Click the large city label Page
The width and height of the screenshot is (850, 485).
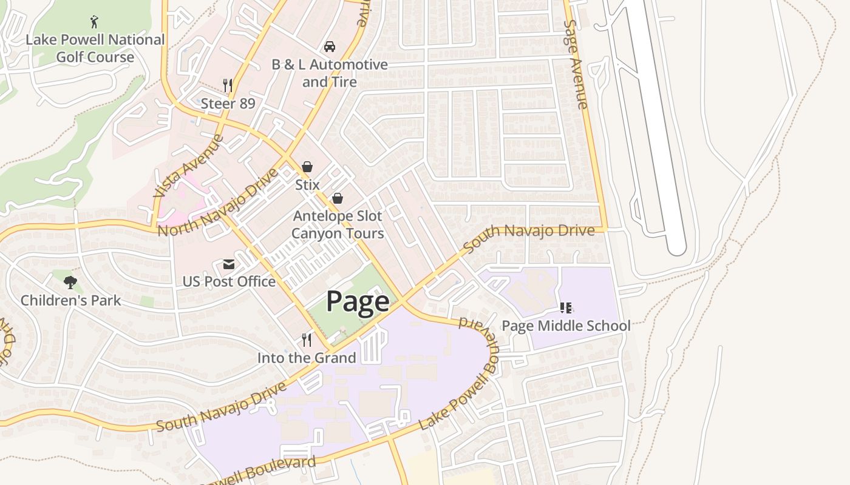pyautogui.click(x=358, y=301)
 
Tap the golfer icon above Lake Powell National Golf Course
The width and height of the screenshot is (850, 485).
pyautogui.click(x=94, y=22)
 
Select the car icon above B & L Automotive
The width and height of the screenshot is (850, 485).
pyautogui.click(x=329, y=47)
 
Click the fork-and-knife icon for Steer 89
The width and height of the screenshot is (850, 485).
pyautogui.click(x=228, y=85)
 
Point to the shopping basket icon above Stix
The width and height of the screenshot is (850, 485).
pyautogui.click(x=307, y=167)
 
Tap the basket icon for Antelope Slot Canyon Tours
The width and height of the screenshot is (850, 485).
pyautogui.click(x=337, y=198)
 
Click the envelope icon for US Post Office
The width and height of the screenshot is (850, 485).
pyautogui.click(x=229, y=264)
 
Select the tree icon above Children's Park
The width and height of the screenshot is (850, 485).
pyautogui.click(x=70, y=282)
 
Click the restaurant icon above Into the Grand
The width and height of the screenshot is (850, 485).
pyautogui.click(x=307, y=339)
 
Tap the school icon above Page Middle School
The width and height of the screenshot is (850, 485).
pyautogui.click(x=566, y=308)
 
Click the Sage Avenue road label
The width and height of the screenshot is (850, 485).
pyautogui.click(x=576, y=64)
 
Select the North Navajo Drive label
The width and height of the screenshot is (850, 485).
pyautogui.click(x=217, y=203)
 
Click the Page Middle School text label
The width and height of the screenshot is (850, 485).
pyautogui.click(x=566, y=326)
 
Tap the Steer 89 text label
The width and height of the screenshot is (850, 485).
pyautogui.click(x=228, y=103)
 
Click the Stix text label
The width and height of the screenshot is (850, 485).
pyautogui.click(x=307, y=184)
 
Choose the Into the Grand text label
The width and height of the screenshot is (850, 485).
pyautogui.click(x=307, y=358)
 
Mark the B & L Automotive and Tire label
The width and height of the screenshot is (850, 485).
pyautogui.click(x=329, y=73)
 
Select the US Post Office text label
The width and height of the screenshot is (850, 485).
pyautogui.click(x=229, y=282)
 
